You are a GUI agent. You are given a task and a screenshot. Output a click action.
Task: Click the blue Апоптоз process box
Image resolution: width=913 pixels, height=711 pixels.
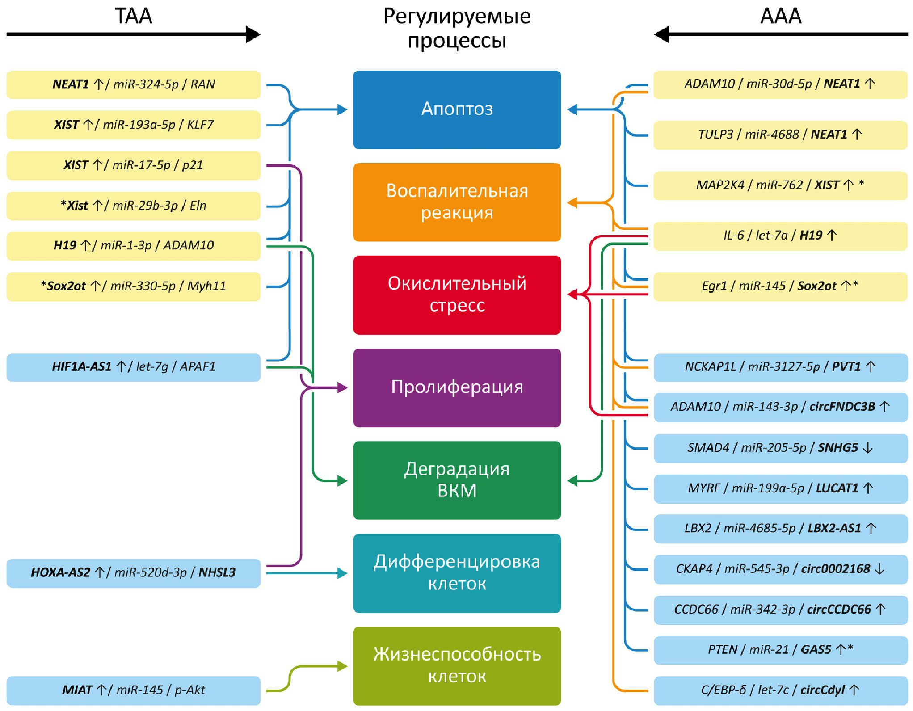457,109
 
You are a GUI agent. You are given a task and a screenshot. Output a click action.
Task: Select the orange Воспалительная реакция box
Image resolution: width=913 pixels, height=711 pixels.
457,202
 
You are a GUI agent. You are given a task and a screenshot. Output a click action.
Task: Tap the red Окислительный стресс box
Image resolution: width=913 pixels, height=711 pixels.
457,294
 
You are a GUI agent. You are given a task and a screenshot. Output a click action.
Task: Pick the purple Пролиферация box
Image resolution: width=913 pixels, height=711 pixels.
457,387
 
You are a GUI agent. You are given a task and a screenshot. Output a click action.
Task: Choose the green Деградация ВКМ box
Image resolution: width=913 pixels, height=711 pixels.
457,480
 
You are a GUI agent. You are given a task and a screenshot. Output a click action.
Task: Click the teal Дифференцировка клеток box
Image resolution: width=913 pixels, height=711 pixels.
457,573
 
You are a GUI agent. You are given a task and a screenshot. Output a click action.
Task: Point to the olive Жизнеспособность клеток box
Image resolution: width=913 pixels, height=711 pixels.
457,665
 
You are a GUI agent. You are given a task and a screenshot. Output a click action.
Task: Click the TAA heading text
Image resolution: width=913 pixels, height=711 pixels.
133,16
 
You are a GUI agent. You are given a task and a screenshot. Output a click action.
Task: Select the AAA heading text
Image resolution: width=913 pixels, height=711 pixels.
780,16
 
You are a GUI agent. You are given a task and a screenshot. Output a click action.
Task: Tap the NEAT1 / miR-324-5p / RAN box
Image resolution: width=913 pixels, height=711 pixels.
133,84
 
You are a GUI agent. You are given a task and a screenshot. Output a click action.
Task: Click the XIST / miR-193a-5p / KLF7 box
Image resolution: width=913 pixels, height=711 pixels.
133,125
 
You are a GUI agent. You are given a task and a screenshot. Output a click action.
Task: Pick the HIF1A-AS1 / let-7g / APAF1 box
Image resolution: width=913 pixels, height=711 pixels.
133,367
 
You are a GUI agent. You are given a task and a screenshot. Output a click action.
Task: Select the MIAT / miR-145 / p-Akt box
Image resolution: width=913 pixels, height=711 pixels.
133,690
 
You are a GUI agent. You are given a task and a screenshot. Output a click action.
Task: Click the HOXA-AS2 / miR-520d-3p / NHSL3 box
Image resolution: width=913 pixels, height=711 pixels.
133,573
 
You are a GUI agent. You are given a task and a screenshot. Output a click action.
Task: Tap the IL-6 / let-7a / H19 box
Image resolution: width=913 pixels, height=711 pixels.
780,236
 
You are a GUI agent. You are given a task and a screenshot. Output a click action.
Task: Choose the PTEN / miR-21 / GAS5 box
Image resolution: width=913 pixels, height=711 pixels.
780,650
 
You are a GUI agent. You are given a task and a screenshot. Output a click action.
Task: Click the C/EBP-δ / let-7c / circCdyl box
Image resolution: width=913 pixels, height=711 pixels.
780,690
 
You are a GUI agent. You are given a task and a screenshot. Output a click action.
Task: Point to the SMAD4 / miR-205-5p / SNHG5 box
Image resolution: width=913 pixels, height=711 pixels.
780,448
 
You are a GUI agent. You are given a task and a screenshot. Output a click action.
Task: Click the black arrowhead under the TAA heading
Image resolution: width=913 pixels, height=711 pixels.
253,34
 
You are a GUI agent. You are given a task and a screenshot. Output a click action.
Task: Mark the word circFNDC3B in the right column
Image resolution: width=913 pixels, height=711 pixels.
842,407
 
